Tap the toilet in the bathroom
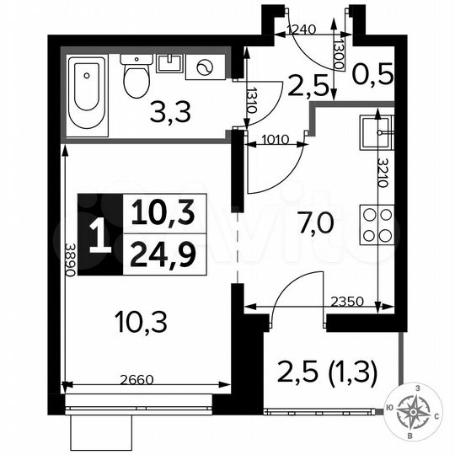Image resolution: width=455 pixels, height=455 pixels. tap(135, 77)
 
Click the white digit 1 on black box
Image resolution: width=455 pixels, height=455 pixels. tap(99, 235)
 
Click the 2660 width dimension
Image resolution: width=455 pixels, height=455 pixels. tap(136, 379)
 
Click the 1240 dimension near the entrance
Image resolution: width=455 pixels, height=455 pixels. tap(302, 29)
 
